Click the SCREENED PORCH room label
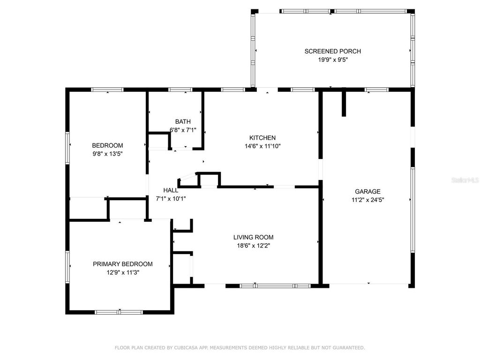332,52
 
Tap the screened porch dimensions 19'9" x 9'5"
332,60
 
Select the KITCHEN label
262,138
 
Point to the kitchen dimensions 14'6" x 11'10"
262,146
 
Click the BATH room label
183,122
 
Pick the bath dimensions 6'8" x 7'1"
183,130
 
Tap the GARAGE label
367,191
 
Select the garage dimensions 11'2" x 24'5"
367,199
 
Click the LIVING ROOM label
254,237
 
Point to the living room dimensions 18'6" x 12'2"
254,245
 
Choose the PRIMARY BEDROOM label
122,264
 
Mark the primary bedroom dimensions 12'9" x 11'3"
122,272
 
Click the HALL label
171,190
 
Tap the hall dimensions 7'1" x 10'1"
171,198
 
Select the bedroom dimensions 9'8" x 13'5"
107,153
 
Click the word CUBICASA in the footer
184,348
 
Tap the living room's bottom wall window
275,285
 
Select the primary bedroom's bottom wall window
119,312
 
